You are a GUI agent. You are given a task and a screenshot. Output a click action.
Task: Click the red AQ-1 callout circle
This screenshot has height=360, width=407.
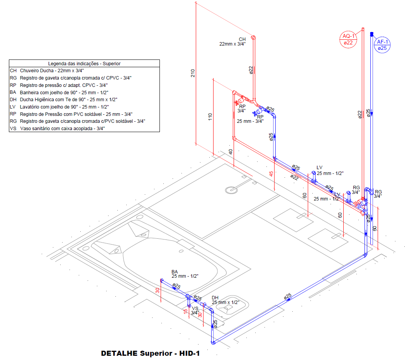pyautogui.click(x=348, y=39)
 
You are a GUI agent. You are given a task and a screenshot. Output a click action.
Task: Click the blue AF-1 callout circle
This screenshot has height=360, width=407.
pyautogui.click(x=382, y=45)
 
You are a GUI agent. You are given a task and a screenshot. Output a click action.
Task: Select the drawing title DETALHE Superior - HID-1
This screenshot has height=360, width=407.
pyautogui.click(x=150, y=353)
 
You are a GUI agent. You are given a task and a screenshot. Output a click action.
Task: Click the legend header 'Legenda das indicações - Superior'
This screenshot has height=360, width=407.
pyautogui.click(x=84, y=63)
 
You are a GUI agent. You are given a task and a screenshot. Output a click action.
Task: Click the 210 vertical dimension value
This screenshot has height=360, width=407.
pyautogui.click(x=193, y=73)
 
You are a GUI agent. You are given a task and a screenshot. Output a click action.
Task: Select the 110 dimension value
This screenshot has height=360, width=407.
pyautogui.click(x=210, y=117)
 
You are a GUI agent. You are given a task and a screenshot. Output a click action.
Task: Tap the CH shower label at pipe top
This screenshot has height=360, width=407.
pyautogui.click(x=242, y=39)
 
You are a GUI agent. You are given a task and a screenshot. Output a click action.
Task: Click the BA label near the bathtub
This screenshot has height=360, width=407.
pyautogui.click(x=175, y=272)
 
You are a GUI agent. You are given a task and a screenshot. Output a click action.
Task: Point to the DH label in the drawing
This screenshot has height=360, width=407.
pyautogui.click(x=215, y=297)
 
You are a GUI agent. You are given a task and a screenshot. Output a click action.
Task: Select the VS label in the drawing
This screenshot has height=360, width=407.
pyautogui.click(x=195, y=308)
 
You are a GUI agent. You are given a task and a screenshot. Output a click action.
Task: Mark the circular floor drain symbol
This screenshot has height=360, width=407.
pyautogui.click(x=231, y=190)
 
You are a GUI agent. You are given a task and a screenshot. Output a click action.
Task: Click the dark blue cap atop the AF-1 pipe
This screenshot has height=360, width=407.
pyautogui.click(x=371, y=34)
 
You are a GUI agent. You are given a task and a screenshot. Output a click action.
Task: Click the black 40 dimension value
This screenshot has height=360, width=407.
pyautogui.click(x=231, y=152)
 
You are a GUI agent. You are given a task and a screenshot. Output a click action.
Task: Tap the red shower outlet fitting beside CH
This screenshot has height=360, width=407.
pyautogui.click(x=253, y=38)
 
